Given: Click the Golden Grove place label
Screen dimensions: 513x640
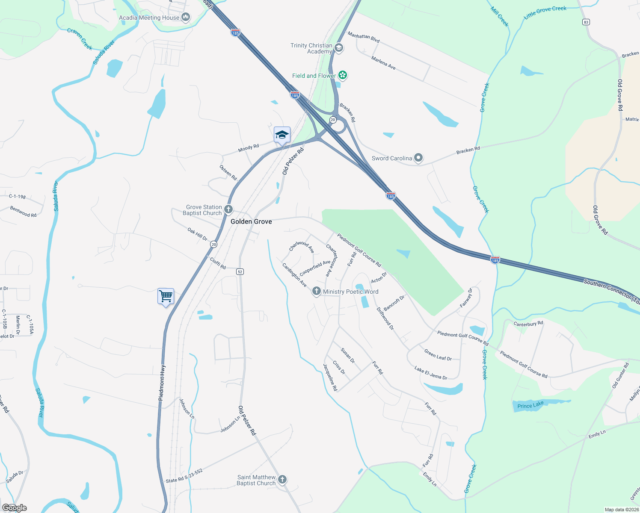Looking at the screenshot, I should click(x=251, y=221).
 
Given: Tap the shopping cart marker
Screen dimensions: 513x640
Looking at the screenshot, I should click(x=166, y=296).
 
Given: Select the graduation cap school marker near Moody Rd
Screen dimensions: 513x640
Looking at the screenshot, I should click(x=282, y=135).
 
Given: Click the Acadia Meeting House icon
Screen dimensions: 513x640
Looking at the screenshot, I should click(x=185, y=18).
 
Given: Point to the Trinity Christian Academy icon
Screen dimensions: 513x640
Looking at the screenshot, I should click(x=339, y=48).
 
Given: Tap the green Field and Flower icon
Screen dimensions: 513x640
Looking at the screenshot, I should click(x=342, y=76).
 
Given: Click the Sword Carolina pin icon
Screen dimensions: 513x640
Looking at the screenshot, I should click(x=418, y=158).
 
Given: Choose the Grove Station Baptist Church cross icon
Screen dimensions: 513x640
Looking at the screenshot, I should click(x=228, y=209).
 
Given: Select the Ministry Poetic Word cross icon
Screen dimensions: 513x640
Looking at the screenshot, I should click(x=316, y=292).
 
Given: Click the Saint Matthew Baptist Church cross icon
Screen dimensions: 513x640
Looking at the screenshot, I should click(x=282, y=480).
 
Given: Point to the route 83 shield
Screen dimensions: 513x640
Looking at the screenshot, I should click(x=586, y=22).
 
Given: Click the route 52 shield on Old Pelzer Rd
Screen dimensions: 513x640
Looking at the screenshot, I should click(x=240, y=272).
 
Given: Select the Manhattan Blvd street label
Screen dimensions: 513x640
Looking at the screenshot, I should click(x=364, y=37).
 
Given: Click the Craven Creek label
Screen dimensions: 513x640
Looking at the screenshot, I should click(x=80, y=38).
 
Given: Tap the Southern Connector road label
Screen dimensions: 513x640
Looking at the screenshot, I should click(x=611, y=291).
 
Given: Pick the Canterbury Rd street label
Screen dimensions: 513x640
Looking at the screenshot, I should click(x=528, y=324).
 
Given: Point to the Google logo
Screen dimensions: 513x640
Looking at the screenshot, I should click(x=15, y=508).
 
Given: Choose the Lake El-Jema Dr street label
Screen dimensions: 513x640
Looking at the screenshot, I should click(x=431, y=372).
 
